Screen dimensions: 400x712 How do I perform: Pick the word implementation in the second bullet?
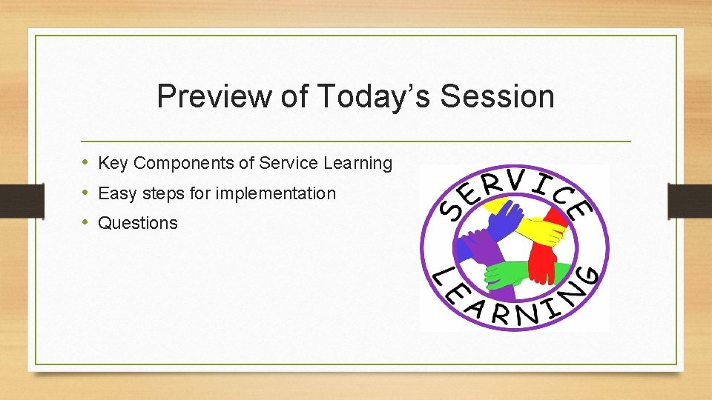tap(275, 194)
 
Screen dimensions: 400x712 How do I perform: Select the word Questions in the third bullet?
tap(138, 223)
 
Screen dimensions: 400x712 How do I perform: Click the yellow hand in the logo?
tap(545, 231)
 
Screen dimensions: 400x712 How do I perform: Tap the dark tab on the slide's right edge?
tap(689, 200)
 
